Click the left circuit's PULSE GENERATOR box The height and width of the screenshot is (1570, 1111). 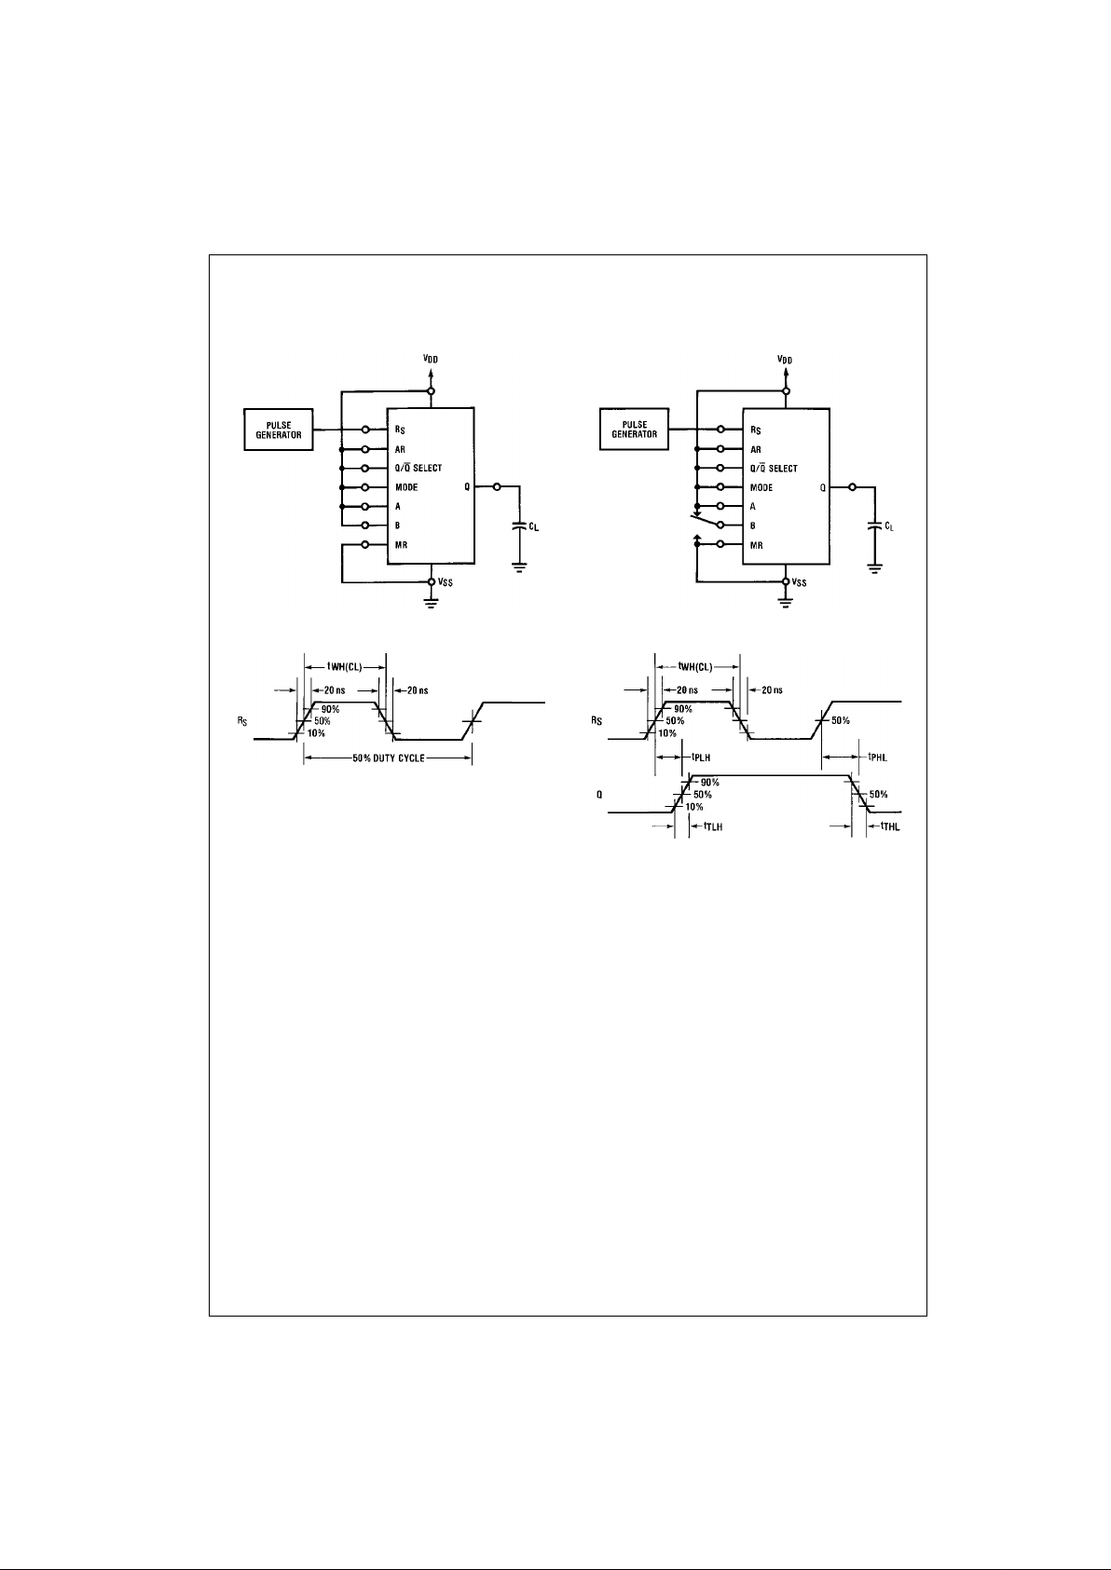[279, 430]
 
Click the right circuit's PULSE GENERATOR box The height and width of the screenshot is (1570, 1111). [634, 430]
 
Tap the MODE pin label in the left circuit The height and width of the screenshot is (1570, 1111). [406, 487]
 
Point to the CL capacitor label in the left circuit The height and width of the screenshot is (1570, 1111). [534, 527]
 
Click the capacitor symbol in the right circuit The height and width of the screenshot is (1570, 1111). [874, 526]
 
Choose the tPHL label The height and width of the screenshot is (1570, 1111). [878, 758]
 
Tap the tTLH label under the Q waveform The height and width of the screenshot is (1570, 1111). [712, 826]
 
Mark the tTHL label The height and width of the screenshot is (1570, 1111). [890, 826]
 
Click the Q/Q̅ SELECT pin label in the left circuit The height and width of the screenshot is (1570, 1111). [418, 468]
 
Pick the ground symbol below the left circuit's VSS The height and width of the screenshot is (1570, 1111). [431, 603]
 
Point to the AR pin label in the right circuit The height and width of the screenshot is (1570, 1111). [756, 449]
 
